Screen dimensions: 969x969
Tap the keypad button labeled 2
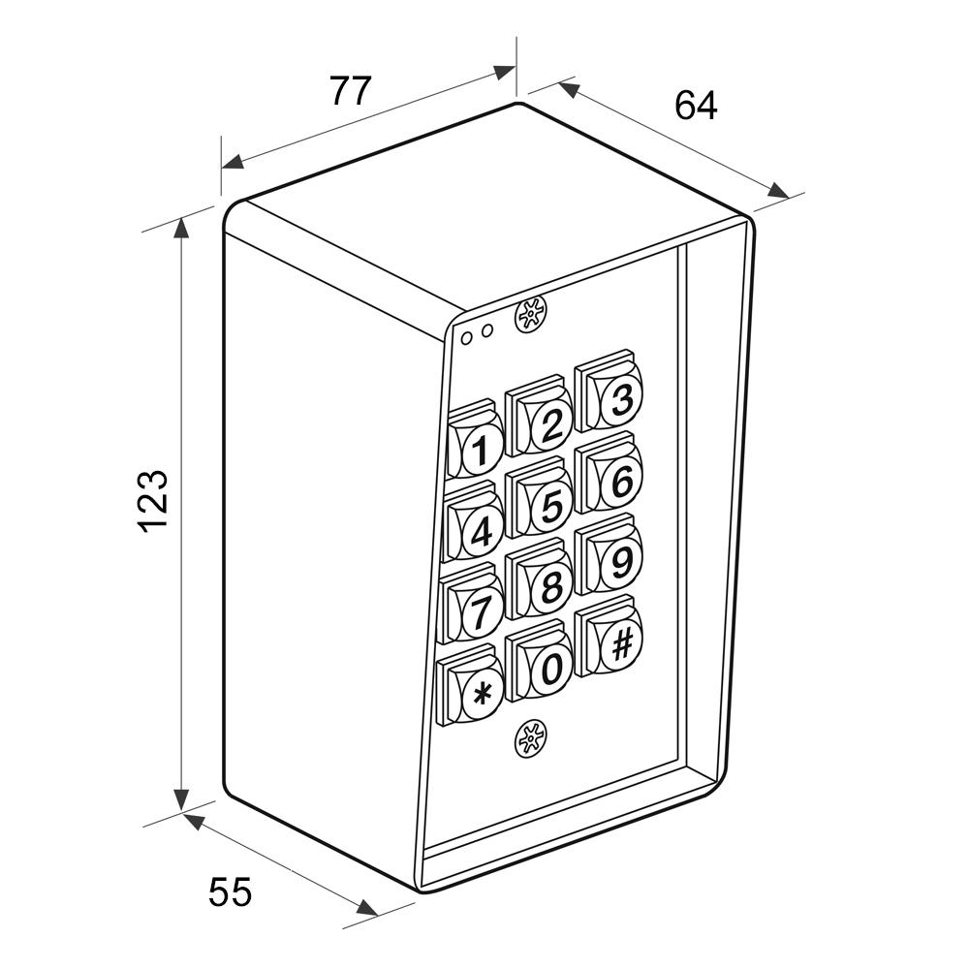(539, 416)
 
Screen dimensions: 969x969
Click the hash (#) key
(609, 636)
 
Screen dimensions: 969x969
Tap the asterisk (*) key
(469, 685)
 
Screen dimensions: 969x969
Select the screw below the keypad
(530, 739)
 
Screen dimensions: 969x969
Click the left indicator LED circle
(468, 337)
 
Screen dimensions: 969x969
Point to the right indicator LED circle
(487, 331)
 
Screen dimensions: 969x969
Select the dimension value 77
(351, 91)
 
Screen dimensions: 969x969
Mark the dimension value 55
(231, 892)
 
